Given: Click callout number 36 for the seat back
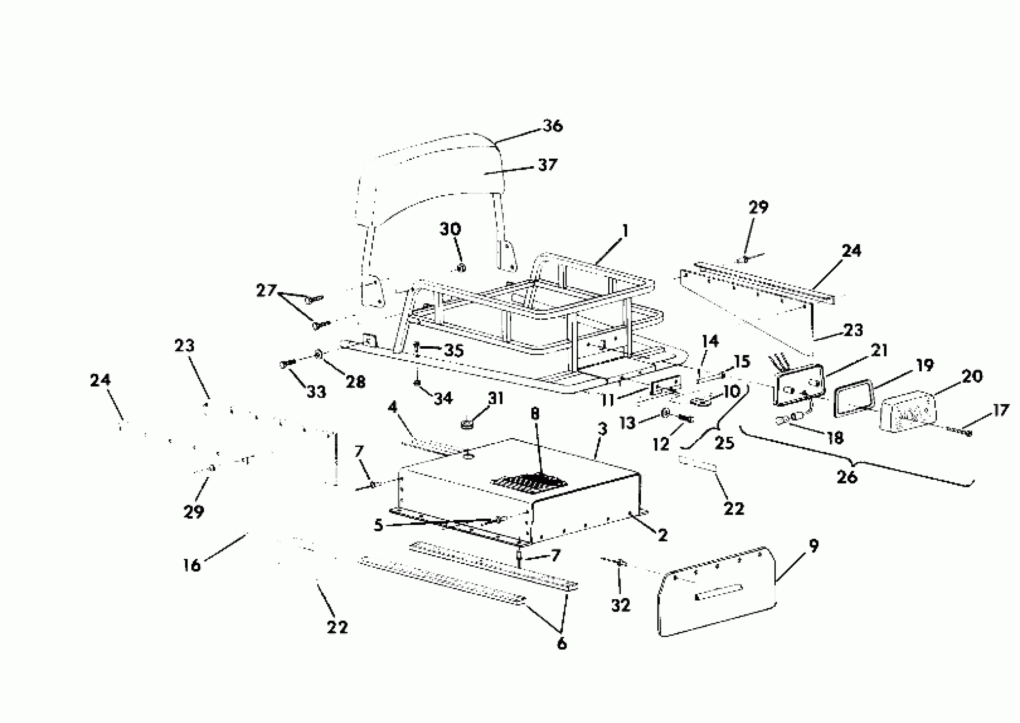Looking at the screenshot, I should point(553,126).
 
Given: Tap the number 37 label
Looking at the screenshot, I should point(547,165).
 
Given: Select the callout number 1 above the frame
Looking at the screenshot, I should point(625,231).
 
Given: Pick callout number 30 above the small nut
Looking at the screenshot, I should point(450,230).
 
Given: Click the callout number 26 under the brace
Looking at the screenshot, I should point(846,477).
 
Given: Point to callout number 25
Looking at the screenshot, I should point(724,443).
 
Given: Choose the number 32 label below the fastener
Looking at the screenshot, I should point(621,605).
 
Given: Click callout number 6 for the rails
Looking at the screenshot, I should point(562,643).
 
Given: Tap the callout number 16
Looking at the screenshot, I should point(192,565).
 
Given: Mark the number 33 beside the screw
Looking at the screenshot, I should point(316,392).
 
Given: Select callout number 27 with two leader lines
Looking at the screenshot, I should point(266,291).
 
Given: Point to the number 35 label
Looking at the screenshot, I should point(454,351).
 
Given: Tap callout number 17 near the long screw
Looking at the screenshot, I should point(1000,410).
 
